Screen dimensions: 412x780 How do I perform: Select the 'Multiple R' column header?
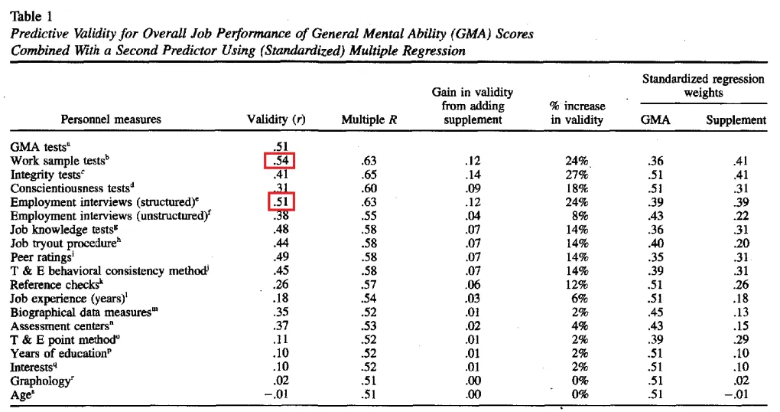pos(370,119)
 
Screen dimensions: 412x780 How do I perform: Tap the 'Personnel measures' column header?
pos(111,119)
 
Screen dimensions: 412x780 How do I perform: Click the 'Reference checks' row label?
pos(54,284)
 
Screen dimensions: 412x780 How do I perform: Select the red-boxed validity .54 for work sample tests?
pos(280,160)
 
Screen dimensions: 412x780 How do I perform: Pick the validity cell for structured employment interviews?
pos(280,201)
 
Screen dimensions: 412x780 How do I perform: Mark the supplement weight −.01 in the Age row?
pos(735,394)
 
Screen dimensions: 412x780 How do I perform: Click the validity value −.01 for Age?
pos(277,394)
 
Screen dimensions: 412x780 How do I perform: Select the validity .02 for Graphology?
pos(281,381)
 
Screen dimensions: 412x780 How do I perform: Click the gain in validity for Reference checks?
pos(472,284)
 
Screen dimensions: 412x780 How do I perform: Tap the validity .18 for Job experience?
pos(281,298)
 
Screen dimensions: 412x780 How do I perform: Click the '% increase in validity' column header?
pos(577,113)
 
